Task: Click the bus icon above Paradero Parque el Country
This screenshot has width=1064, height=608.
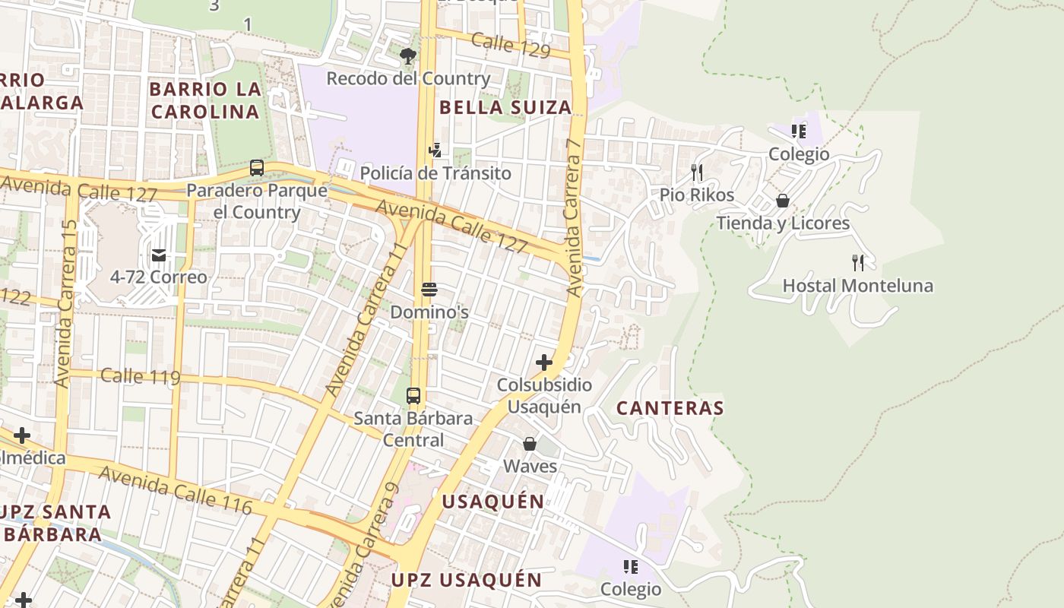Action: (x=257, y=168)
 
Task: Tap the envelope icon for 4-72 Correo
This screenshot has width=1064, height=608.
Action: (x=159, y=255)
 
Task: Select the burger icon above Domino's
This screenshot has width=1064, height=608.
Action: (x=429, y=290)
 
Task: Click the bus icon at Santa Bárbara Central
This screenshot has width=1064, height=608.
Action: (x=413, y=396)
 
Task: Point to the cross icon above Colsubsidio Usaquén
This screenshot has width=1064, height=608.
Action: (x=544, y=363)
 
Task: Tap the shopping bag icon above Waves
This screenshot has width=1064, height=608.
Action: (x=530, y=444)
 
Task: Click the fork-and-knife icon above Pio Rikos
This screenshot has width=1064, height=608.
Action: (x=697, y=173)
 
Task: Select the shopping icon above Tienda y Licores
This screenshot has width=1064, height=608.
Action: (x=783, y=201)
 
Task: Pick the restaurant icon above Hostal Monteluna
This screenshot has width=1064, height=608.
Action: (x=858, y=263)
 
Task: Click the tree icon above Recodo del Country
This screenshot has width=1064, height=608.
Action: (x=408, y=55)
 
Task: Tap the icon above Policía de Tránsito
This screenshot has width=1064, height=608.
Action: (x=435, y=150)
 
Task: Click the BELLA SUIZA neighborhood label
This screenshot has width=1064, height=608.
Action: (x=505, y=107)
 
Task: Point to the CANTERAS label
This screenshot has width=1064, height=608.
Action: (x=670, y=408)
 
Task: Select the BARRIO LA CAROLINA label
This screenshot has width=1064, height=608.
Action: (x=205, y=100)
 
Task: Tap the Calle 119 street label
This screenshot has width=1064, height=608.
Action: (x=140, y=376)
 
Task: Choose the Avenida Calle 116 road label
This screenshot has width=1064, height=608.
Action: (x=175, y=490)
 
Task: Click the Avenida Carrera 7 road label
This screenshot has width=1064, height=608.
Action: (x=574, y=217)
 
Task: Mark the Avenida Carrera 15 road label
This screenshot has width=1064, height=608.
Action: (x=66, y=304)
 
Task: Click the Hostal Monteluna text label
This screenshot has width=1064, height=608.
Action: (x=858, y=287)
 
